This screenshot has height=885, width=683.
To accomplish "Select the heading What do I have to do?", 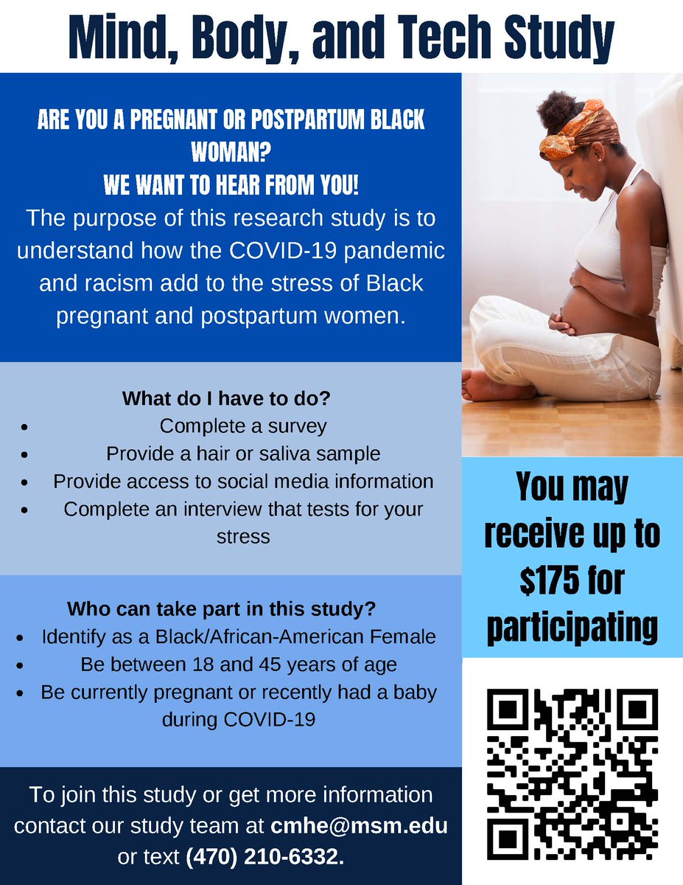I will click(x=225, y=399).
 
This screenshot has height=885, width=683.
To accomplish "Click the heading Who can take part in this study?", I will click(x=222, y=610).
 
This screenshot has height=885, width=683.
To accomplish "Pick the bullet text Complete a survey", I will click(x=243, y=426).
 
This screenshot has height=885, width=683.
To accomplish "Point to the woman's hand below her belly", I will click(x=561, y=324).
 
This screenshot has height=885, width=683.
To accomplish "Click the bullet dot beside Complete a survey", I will click(x=24, y=427).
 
